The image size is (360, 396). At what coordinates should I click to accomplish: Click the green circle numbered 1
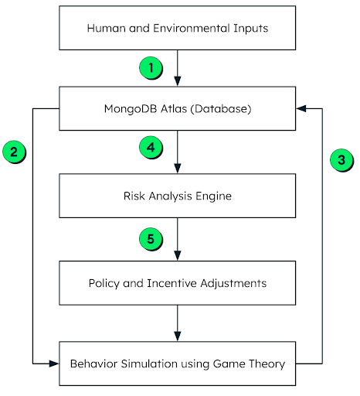pos(152,68)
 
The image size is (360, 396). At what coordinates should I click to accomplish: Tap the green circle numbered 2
pos(15,152)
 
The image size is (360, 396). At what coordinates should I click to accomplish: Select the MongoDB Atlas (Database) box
pos(177,108)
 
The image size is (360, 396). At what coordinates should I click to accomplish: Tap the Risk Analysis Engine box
pos(177,196)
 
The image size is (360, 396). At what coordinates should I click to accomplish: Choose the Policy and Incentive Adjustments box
pos(177,283)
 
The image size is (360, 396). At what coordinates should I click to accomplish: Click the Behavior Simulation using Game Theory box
pos(177,362)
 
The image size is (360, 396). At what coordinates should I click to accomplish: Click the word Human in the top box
pos(103,28)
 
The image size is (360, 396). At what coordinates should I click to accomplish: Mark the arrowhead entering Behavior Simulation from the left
pos(55,362)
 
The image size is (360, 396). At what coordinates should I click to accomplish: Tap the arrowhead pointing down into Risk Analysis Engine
pos(178,169)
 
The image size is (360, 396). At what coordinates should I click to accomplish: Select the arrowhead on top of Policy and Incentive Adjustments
pos(178,256)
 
